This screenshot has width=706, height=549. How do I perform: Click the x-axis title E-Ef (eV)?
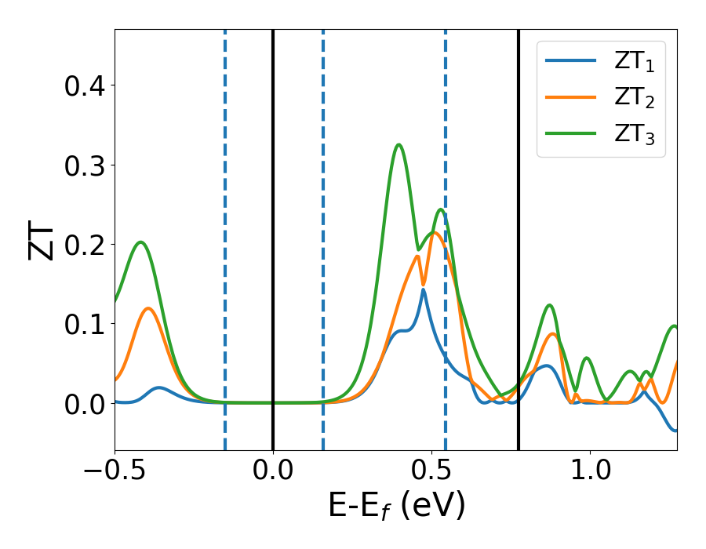pos(396,506)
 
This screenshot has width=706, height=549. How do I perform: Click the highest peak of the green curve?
pos(398,144)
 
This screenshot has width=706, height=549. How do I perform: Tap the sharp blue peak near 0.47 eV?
pos(423,290)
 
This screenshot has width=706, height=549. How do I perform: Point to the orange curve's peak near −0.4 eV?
pos(148,308)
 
